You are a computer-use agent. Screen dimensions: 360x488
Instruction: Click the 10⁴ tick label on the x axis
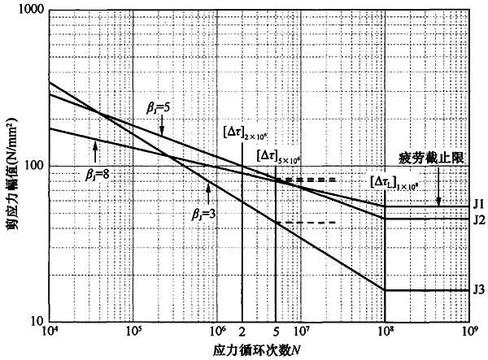point(50,332)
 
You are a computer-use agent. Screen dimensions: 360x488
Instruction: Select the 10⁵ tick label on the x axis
point(133,332)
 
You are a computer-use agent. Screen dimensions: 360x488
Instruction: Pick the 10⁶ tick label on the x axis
point(217,332)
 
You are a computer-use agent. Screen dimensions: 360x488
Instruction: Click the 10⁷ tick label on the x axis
point(301,332)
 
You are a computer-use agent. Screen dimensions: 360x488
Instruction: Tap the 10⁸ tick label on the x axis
point(385,332)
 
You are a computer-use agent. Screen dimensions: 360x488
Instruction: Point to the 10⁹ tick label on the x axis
point(468,332)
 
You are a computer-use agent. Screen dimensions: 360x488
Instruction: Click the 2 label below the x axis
point(242,332)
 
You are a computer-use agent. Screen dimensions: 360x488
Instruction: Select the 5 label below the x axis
point(276,332)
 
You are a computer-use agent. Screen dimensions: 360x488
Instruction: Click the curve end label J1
point(479,203)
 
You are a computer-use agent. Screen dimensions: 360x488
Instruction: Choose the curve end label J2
point(479,219)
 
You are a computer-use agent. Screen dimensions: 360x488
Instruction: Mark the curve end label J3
point(479,290)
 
